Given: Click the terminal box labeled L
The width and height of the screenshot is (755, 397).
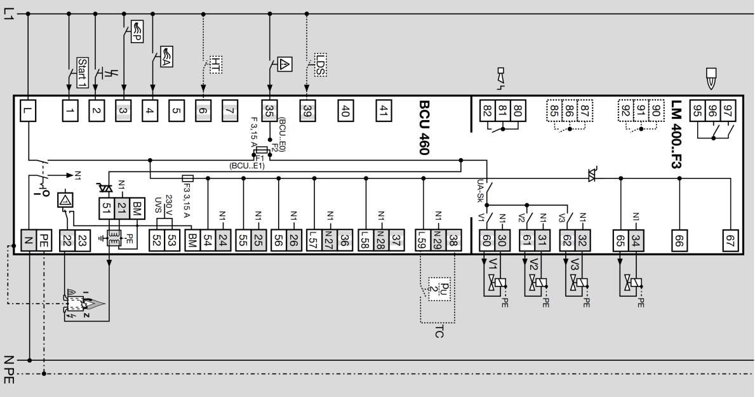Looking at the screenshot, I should [x=29, y=112].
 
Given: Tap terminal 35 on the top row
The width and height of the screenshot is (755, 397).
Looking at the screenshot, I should [x=270, y=112].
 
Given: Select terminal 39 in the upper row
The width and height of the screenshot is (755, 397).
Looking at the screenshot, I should [x=307, y=112].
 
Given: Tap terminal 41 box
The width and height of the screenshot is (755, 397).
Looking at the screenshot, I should [x=383, y=112].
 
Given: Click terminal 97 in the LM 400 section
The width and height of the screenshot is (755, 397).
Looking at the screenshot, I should [x=728, y=112].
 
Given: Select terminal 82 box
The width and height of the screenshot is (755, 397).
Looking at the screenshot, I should [x=488, y=112].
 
